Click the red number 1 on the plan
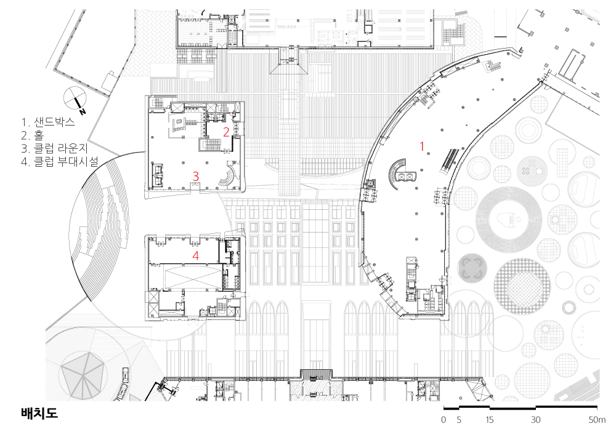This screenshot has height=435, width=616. click(423, 146)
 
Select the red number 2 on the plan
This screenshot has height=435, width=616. click(226, 132)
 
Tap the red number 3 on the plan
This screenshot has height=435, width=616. click(195, 176)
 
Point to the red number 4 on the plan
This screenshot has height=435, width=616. click(196, 256)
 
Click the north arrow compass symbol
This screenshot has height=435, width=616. click(75, 98)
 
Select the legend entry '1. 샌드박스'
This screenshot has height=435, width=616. click(48, 122)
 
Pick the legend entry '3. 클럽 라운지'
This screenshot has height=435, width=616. click(54, 148)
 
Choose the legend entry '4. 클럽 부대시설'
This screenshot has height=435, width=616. click(60, 162)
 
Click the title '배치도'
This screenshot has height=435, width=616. click(39, 413)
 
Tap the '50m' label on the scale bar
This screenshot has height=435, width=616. click(597, 420)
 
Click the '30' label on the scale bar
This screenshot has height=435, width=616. click(536, 420)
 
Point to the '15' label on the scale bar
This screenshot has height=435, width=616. click(489, 420)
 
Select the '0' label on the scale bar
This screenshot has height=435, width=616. click(444, 420)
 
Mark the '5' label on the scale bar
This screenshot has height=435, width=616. click(459, 420)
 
